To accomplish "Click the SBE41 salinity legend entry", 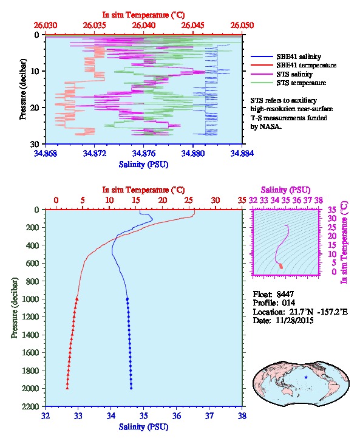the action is click(x=286, y=57).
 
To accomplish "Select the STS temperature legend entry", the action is click(x=288, y=83).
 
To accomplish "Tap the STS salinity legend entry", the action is click(x=282, y=74).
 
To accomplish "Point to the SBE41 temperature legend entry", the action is click(x=293, y=65).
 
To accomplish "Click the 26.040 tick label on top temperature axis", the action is click(x=144, y=26).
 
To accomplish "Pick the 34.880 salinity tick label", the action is click(x=193, y=154).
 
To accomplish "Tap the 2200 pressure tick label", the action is click(x=30, y=406).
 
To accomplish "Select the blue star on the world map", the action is click(x=306, y=377).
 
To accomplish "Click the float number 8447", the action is click(x=285, y=294).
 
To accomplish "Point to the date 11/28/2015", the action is click(x=294, y=321).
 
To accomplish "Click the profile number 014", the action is click(x=288, y=303).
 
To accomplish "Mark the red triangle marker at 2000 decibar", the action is click(x=67, y=388).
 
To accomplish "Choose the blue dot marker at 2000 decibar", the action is click(x=131, y=388).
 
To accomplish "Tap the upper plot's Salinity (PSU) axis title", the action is click(x=144, y=165).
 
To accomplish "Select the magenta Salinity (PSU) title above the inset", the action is click(x=286, y=190).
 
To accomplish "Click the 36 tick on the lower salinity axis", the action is click(x=177, y=416).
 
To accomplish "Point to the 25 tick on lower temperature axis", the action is click(x=189, y=200).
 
